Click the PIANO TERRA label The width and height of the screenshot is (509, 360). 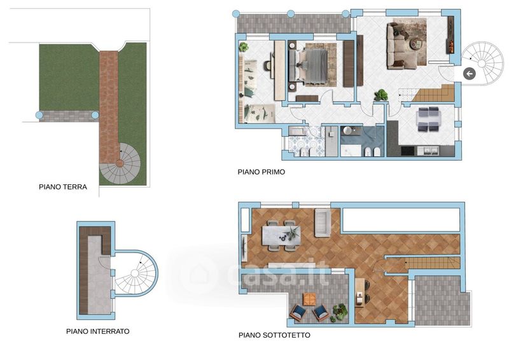click(x=63, y=187)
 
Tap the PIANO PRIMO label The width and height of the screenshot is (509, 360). click(x=261, y=172)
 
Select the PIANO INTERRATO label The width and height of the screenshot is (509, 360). click(x=98, y=331)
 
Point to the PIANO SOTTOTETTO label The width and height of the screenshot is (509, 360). click(x=274, y=335)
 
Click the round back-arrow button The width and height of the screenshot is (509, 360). click(x=469, y=74)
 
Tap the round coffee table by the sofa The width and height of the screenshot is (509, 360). click(x=415, y=44)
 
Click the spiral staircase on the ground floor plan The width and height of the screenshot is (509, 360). click(x=120, y=163)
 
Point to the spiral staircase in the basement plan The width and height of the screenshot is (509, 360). click(x=135, y=273)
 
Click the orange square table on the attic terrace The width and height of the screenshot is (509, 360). click(x=309, y=299)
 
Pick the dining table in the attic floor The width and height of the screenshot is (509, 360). click(x=281, y=235)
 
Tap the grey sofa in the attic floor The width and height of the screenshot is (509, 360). click(x=323, y=223)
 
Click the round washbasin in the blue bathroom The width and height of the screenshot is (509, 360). click(x=347, y=130)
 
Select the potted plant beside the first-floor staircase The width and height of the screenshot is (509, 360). click(x=380, y=95)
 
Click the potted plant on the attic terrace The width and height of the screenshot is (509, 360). click(x=339, y=312)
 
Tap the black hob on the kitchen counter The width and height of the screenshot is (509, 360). click(x=408, y=151)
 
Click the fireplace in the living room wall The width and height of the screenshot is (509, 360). click(x=451, y=36)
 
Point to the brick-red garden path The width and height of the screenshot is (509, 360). click(x=109, y=107)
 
